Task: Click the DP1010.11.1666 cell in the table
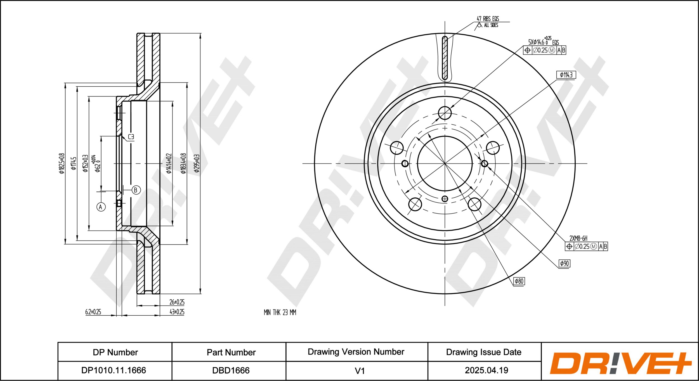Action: [114, 370]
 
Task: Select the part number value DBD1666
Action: [231, 370]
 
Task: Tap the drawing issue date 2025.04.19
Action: [487, 370]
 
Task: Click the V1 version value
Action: [360, 371]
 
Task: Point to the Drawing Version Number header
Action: [356, 352]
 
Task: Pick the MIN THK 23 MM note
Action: [280, 312]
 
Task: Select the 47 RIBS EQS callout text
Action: [488, 19]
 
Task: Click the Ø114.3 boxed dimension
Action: [566, 75]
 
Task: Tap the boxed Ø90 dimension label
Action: [564, 263]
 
